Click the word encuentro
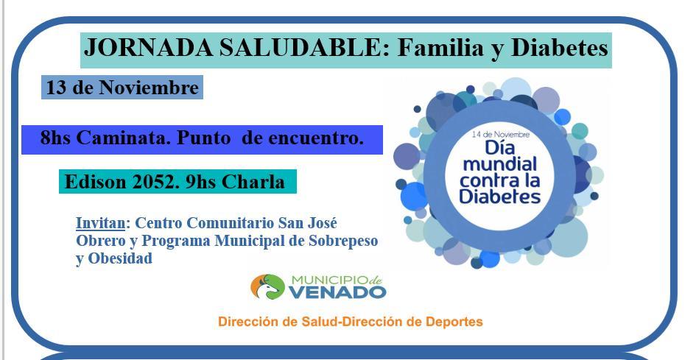coord(315,138)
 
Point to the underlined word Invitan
coord(101,223)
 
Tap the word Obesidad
coord(121,258)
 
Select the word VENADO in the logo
coord(337,292)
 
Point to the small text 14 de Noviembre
coord(501,134)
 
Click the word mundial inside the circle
coord(500,164)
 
